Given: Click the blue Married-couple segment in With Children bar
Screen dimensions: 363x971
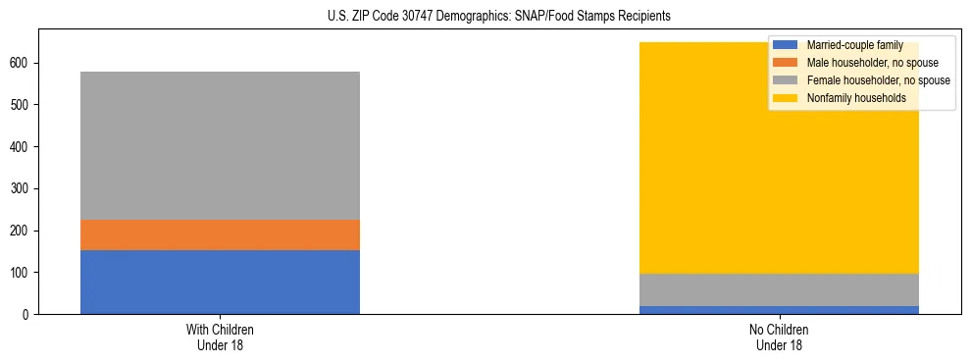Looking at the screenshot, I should coord(220,282).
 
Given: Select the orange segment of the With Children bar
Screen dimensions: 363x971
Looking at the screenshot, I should coord(220,234).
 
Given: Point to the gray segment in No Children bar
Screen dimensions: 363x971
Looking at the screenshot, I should coord(779,289).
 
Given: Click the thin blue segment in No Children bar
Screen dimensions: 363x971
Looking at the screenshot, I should coord(779,310).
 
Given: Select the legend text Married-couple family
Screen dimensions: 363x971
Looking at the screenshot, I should coord(854,45).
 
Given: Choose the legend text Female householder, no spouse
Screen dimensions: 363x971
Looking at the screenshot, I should coord(878,80).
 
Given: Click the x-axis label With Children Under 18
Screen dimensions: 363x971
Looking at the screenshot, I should coord(220,337).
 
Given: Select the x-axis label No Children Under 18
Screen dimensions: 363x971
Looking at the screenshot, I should coord(779,337).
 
